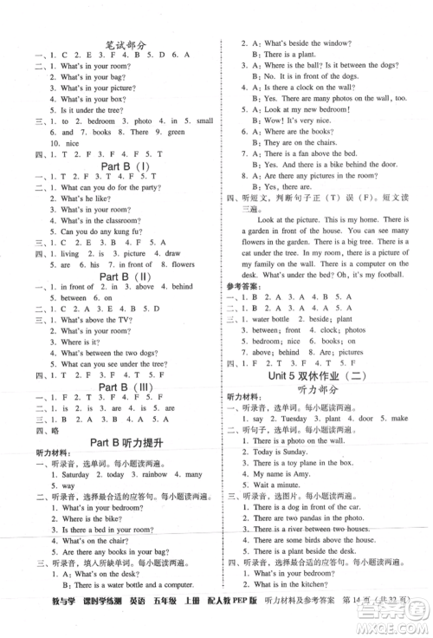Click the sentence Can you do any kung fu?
[x=96, y=233]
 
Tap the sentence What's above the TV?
[x=90, y=319]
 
